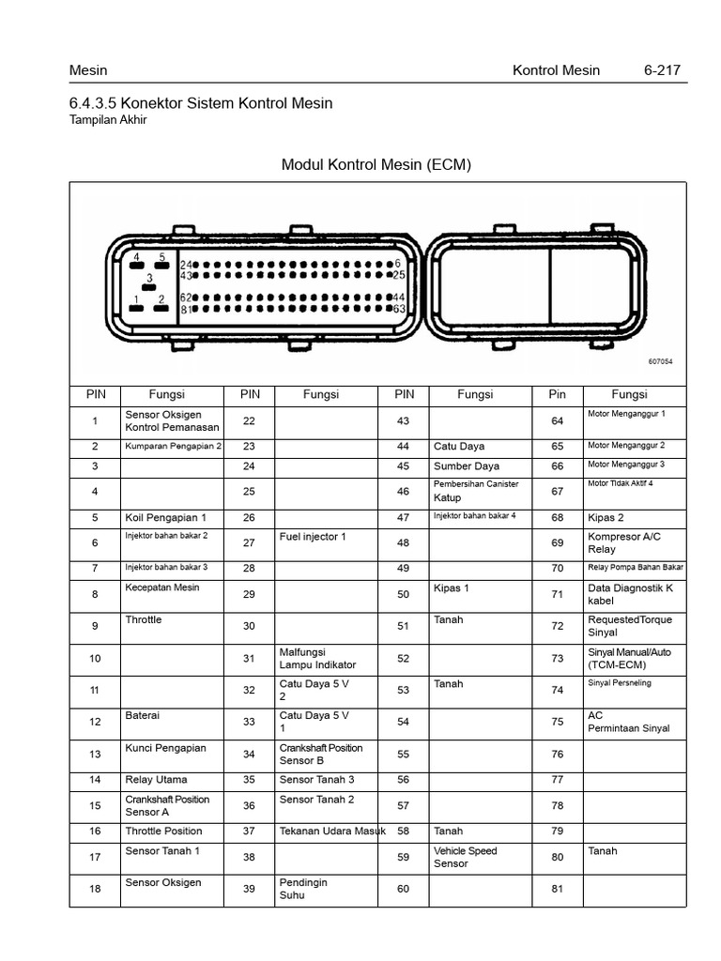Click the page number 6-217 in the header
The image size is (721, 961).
point(662,70)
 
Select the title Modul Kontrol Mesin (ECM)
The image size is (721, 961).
point(376,165)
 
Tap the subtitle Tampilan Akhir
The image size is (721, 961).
point(108,120)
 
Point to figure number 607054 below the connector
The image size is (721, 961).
point(660,361)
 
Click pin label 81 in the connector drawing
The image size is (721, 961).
point(186,309)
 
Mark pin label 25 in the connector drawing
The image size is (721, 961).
point(398,276)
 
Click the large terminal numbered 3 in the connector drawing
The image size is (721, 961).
point(148,279)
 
